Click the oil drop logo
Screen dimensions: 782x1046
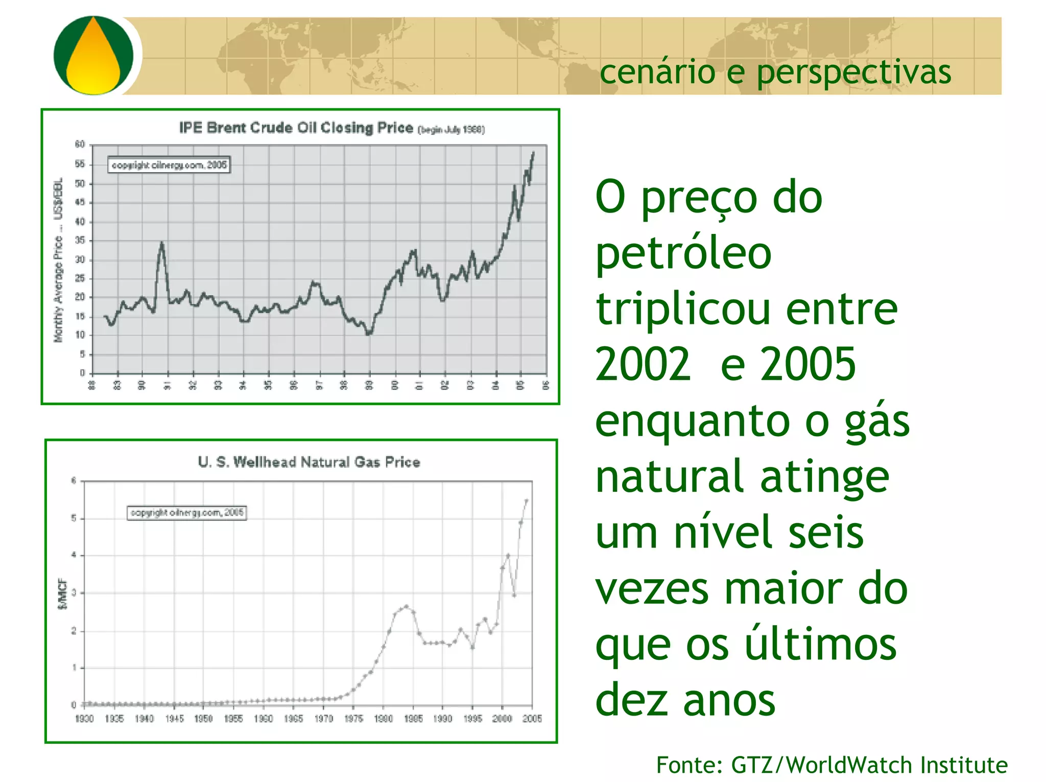93,55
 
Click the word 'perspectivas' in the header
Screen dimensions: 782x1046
853,72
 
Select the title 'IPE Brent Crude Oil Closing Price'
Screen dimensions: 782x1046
296,128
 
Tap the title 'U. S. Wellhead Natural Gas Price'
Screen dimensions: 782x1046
309,462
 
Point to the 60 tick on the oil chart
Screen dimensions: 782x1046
80,145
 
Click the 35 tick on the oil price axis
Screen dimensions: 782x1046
80,241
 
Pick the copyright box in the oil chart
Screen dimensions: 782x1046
169,165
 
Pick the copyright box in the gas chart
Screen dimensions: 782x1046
187,512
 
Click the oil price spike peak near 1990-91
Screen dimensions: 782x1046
162,243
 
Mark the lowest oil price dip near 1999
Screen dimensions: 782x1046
369,334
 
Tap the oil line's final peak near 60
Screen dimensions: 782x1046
533,152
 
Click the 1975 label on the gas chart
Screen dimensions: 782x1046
353,719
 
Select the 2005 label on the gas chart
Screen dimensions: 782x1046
532,719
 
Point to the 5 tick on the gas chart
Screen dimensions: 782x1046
74,518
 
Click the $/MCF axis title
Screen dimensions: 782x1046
62,594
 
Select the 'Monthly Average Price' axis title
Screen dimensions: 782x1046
58,260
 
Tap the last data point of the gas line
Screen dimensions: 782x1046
527,501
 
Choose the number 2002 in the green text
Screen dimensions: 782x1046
643,364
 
